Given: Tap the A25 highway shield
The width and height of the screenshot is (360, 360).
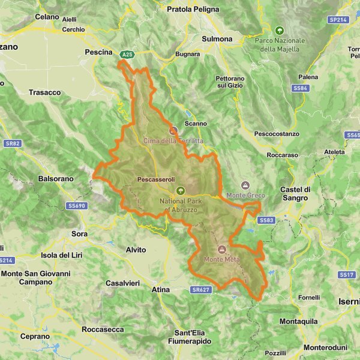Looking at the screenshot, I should point(126,55).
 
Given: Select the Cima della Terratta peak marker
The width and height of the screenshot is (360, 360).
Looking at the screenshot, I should point(173,130).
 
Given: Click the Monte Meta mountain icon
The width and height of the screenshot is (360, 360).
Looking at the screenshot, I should point(222,249).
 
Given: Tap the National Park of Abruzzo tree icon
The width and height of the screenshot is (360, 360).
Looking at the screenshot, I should point(181,190).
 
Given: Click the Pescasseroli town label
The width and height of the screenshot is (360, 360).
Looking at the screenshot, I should point(155,179).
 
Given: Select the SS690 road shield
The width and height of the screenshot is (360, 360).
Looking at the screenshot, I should point(77,206).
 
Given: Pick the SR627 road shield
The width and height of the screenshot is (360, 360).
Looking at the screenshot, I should point(200,289).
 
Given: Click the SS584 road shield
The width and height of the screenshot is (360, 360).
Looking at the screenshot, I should point(301,88).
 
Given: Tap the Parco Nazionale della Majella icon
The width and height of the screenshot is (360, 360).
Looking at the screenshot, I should point(279,30).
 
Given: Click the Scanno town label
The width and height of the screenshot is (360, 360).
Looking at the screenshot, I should point(196,124).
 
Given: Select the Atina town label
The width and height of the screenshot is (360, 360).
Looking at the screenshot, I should point(161,290).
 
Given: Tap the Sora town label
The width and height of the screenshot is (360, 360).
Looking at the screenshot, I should point(79,233).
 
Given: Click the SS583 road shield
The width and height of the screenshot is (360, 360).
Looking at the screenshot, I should point(268,220).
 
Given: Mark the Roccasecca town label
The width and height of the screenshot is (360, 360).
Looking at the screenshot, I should point(103,329).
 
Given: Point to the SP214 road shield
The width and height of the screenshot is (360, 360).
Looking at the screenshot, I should point(338,20).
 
